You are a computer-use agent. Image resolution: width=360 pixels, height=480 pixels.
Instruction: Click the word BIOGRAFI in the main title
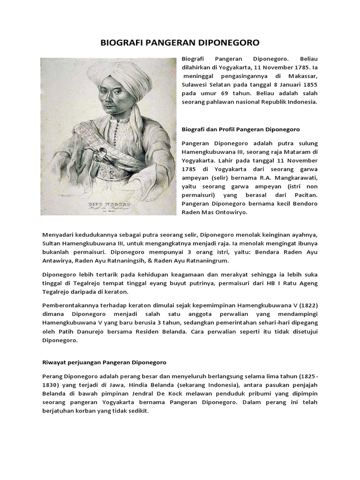[120, 43]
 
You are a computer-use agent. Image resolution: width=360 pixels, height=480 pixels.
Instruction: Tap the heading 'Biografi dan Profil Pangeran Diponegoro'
[240, 128]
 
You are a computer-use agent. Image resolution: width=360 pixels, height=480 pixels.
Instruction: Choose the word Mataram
[297, 153]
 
